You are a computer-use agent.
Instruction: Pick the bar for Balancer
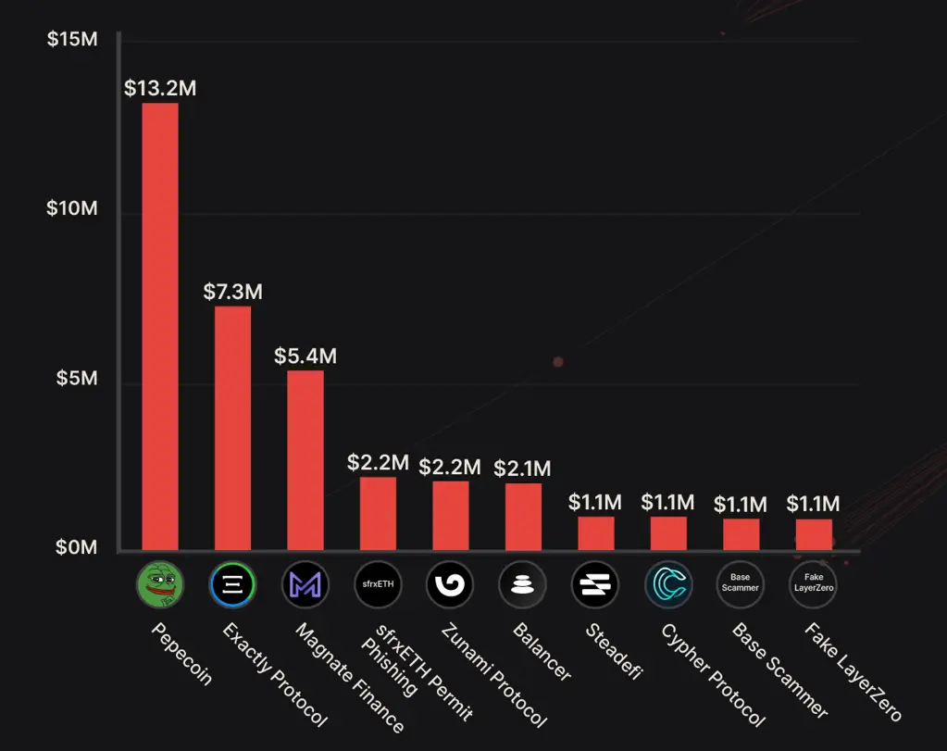(x=523, y=517)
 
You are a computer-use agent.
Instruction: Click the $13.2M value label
(x=160, y=88)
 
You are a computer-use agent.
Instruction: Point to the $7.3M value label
(x=232, y=292)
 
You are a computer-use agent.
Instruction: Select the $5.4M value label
(x=305, y=356)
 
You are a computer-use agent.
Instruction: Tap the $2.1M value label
(x=522, y=469)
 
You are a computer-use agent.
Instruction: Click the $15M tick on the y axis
(x=71, y=41)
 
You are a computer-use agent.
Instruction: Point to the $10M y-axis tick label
(x=71, y=208)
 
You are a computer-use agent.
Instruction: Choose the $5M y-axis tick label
(x=75, y=378)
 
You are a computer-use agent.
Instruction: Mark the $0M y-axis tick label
(x=75, y=546)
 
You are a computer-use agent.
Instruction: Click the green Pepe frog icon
(x=160, y=583)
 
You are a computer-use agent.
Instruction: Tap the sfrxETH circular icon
(x=378, y=583)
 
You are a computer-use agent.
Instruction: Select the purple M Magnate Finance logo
(x=305, y=583)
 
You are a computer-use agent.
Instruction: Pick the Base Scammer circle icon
(x=740, y=583)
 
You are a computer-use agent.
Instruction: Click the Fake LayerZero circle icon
(x=813, y=583)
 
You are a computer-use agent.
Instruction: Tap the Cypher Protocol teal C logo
(x=667, y=583)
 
